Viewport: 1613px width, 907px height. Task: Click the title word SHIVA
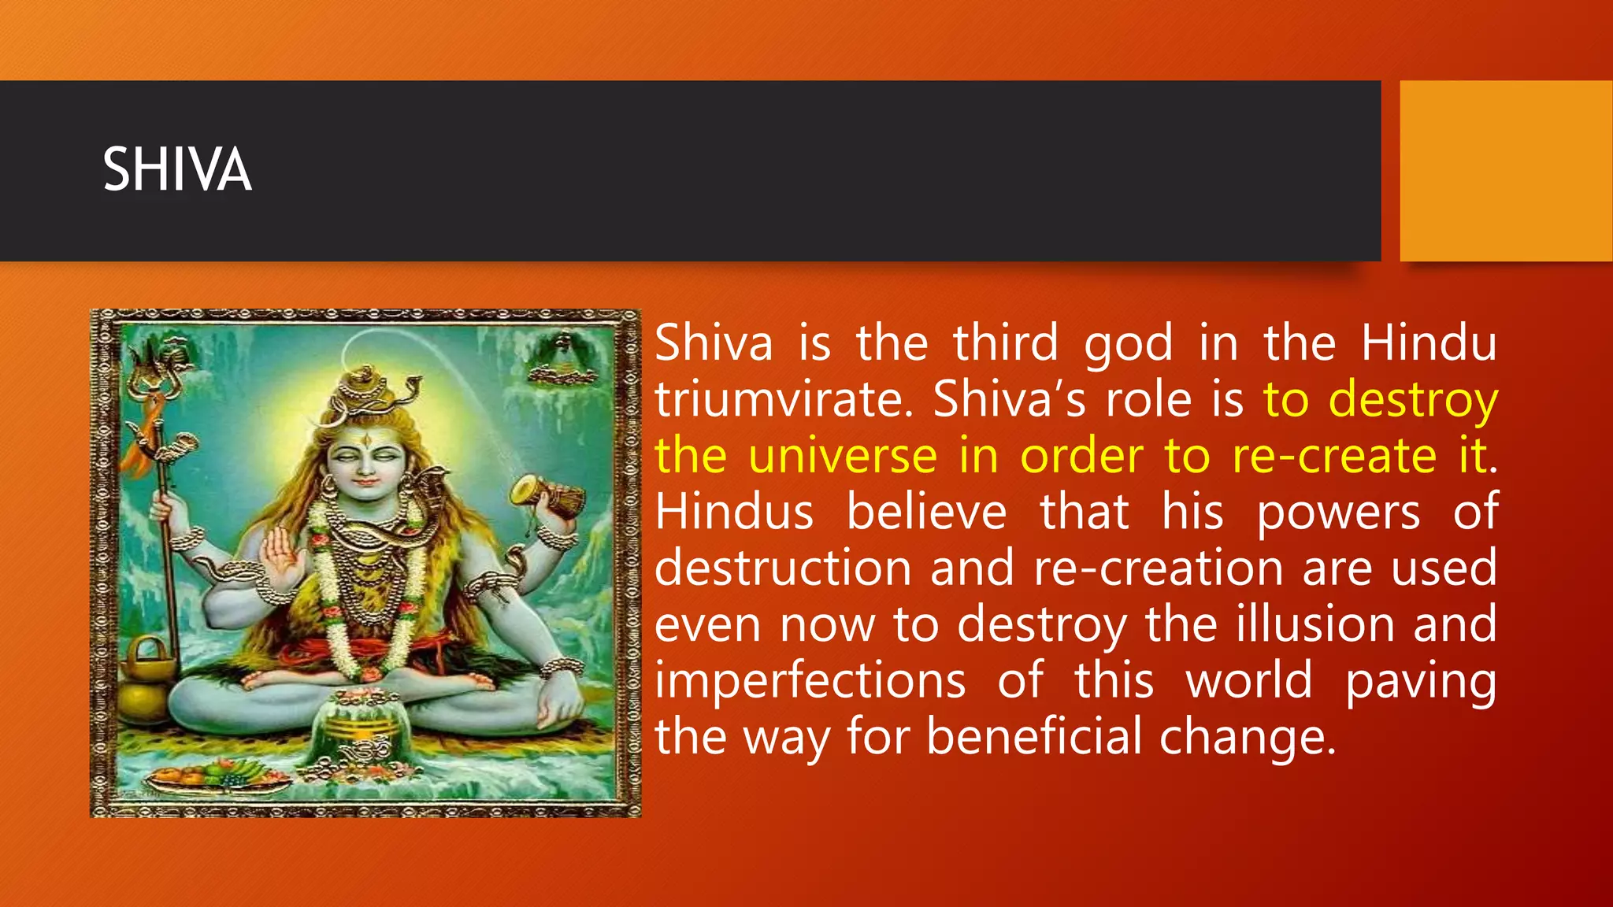tap(177, 170)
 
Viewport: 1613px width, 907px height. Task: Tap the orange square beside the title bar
tap(1505, 171)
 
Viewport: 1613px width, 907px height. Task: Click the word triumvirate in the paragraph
tap(781, 399)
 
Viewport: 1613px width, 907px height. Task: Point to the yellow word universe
tap(842, 456)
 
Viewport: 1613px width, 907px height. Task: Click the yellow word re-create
tap(1334, 456)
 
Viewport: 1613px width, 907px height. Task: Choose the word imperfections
tap(810, 680)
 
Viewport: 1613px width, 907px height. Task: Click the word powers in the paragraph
tap(1338, 513)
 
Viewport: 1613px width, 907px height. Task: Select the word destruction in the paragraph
tap(783, 568)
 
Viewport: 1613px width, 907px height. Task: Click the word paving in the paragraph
tap(1420, 680)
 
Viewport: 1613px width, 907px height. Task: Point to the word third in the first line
tap(1005, 343)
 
